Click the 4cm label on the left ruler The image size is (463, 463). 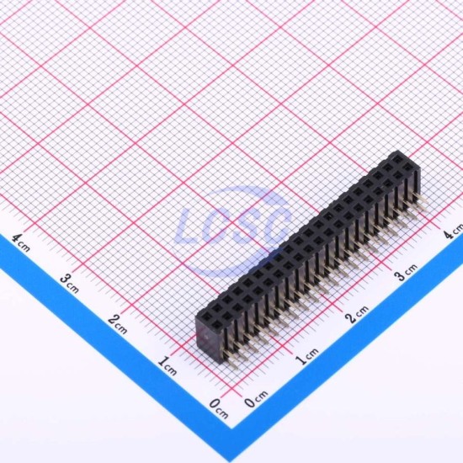tap(21, 242)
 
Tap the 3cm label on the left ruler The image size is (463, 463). tap(69, 283)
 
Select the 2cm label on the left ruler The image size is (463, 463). tap(118, 324)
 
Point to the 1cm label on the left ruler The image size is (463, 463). tap(168, 366)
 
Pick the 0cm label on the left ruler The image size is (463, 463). tap(219, 408)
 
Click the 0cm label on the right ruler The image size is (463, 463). tap(256, 399)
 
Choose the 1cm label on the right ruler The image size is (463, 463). tap(307, 356)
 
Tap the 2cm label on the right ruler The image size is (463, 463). tap(357, 315)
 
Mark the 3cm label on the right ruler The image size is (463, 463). tap(407, 272)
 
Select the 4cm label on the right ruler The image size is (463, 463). tap(454, 231)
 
